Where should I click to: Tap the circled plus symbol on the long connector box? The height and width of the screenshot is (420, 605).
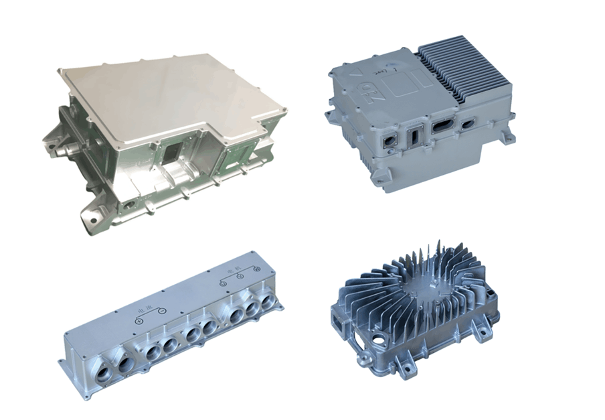(x=139, y=320)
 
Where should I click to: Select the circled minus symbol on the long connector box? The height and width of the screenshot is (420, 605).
(x=161, y=310)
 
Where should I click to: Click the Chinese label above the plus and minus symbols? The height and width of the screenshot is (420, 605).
(x=143, y=309)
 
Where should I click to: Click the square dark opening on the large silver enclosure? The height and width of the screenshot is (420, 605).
(x=169, y=155)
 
